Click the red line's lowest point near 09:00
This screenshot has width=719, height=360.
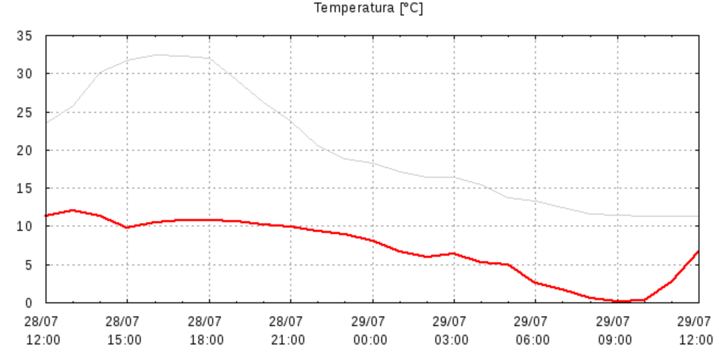pos(619,302)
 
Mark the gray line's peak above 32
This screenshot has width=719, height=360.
pos(157,55)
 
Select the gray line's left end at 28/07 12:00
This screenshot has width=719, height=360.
pos(45,123)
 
